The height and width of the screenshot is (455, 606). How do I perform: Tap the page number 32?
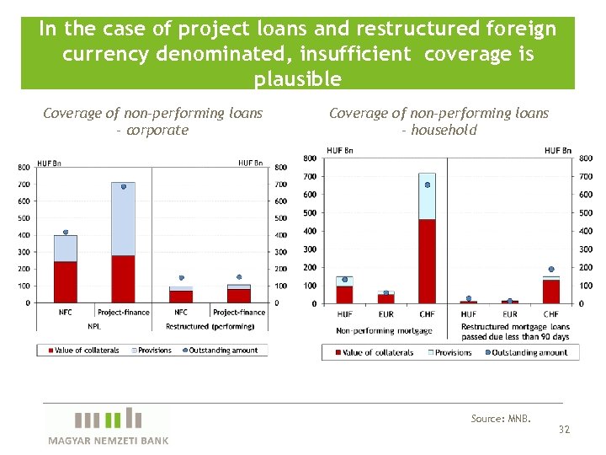coord(564,430)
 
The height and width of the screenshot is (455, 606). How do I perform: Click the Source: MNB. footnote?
coord(501,419)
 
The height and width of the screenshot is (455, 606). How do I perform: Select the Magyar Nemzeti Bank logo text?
coord(108,441)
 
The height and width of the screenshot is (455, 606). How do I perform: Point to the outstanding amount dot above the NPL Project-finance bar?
coord(124,186)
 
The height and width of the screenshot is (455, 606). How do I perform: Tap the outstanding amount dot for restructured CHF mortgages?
coord(551,270)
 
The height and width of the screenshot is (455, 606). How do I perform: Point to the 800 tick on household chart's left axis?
coord(310,158)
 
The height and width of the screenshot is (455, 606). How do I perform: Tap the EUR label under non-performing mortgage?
coord(385,314)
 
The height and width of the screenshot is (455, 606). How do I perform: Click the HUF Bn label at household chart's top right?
coord(558,150)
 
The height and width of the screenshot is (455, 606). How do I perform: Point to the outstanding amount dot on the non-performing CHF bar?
coord(428,185)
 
